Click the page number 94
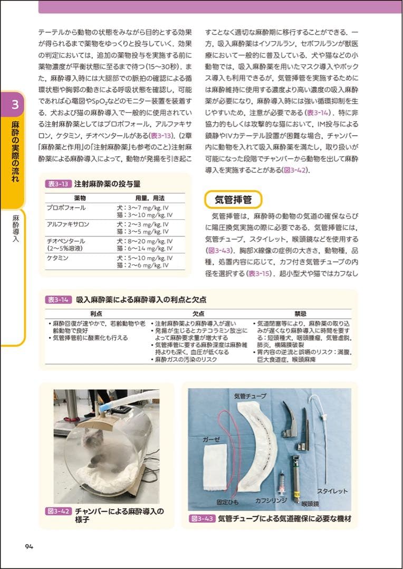coord(29,546)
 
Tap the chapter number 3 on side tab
coord(15,104)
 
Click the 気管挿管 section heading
coord(233,200)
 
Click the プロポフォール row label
coord(66,208)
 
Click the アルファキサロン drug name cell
coord(68,224)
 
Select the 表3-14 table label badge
coord(58,299)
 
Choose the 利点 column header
coord(96,313)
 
